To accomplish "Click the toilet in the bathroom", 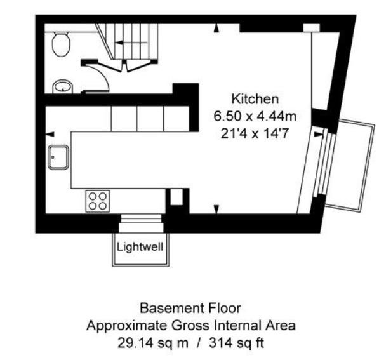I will click(x=61, y=44).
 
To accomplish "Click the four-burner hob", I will click(x=98, y=201).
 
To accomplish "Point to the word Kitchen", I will click(x=255, y=99).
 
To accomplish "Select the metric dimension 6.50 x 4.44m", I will click(x=255, y=116).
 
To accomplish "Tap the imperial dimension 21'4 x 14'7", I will click(x=255, y=133).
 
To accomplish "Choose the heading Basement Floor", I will click(x=190, y=309).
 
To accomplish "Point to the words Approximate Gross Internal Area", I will click(x=190, y=325).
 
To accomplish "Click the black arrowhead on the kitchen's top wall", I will click(x=216, y=28).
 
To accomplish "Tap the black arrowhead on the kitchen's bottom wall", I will click(x=216, y=209).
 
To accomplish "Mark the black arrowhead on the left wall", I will click(x=49, y=133).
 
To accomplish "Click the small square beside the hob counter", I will click(x=176, y=197).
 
